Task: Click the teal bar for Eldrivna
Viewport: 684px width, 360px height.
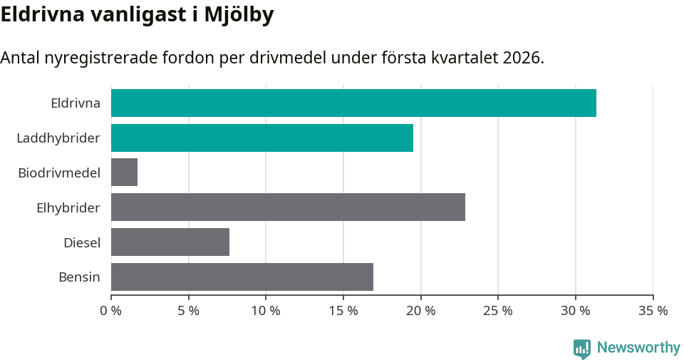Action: pos(353,103)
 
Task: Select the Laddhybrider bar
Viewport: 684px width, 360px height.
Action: pos(262,138)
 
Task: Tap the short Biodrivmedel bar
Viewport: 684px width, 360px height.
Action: pos(124,173)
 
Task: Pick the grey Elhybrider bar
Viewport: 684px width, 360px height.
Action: pos(288,207)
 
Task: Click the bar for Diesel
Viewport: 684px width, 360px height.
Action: pos(170,242)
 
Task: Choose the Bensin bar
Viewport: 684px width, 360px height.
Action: pos(242,277)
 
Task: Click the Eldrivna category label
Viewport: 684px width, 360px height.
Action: pos(76,103)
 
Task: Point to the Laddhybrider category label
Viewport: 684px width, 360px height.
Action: pos(58,138)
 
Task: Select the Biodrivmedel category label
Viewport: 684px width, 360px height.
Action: pos(59,173)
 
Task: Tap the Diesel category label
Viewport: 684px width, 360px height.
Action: pos(82,242)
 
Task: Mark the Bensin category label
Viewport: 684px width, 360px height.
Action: pos(79,277)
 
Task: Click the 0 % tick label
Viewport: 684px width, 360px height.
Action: pos(111,311)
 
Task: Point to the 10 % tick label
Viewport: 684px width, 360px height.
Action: pos(266,311)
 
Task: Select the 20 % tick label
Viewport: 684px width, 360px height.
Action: pos(420,311)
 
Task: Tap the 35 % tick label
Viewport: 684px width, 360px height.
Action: pos(653,311)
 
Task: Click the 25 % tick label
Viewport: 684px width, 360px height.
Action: pos(498,311)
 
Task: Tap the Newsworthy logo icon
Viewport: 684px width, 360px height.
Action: pos(582,348)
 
